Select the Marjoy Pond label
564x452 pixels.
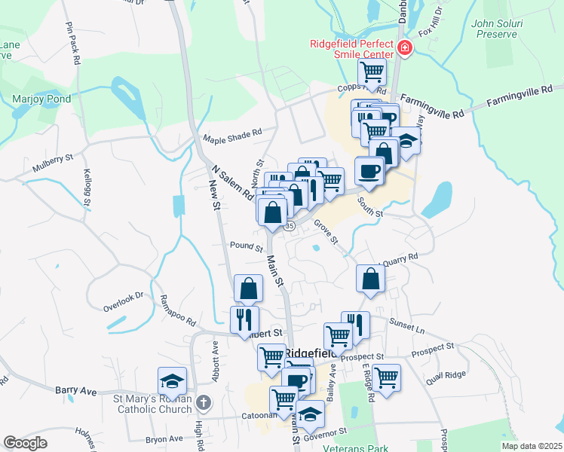[x=41, y=99]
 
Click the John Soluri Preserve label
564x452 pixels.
[x=495, y=29]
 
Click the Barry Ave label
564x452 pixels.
[x=76, y=390]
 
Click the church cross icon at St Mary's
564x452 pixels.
[x=201, y=404]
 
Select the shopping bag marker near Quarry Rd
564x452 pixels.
[x=371, y=279]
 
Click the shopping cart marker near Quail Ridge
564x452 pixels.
[x=386, y=377]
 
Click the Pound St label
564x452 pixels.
[x=246, y=246]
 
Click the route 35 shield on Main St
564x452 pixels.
[x=289, y=225]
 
